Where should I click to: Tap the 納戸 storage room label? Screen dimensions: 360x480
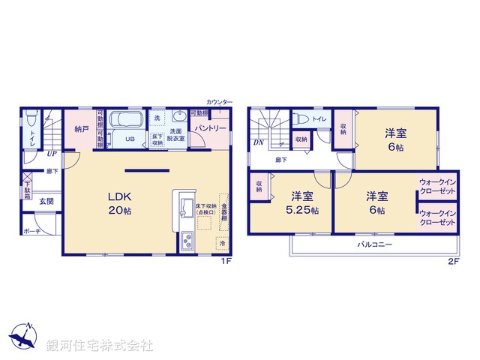[82, 129]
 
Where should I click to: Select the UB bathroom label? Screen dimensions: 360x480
[130, 139]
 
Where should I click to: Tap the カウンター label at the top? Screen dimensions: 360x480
[220, 101]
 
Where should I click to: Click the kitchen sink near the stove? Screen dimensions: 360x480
[186, 242]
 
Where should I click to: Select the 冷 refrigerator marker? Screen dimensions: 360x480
[222, 243]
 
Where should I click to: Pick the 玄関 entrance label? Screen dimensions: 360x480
[46, 202]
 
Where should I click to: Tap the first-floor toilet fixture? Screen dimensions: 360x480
[30, 120]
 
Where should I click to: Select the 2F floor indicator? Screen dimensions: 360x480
[453, 261]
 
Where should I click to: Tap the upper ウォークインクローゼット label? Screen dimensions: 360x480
[437, 186]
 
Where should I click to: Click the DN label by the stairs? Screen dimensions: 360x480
[257, 142]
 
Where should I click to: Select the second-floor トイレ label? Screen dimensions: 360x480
[319, 118]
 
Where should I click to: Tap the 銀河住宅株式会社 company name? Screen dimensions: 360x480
[99, 345]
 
